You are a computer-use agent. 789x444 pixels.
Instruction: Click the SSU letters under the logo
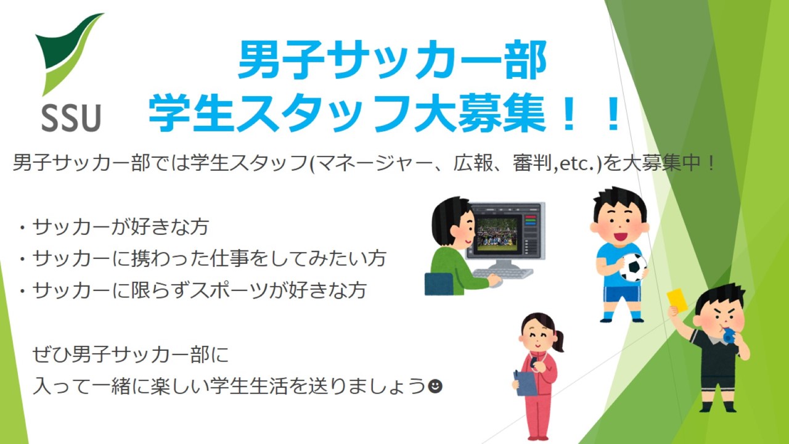[x=71, y=118]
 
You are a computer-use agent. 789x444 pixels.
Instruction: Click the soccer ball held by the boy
[x=633, y=267]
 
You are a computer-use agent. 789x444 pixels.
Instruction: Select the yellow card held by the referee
[x=677, y=300]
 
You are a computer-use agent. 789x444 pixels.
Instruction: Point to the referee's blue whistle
[x=729, y=335]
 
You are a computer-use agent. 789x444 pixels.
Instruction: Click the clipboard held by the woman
[x=525, y=383]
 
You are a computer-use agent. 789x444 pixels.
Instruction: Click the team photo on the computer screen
[x=497, y=234]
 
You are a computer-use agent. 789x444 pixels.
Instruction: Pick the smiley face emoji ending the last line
[x=435, y=386]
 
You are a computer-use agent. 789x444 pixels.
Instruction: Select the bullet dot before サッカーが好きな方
[x=23, y=228]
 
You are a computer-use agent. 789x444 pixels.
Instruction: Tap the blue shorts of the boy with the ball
[x=622, y=294]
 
